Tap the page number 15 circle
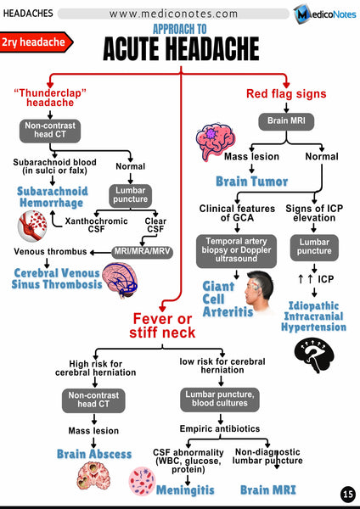point(347,495)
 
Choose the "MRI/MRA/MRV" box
point(142,250)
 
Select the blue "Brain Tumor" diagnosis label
point(251,181)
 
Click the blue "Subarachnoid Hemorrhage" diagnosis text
point(51,198)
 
